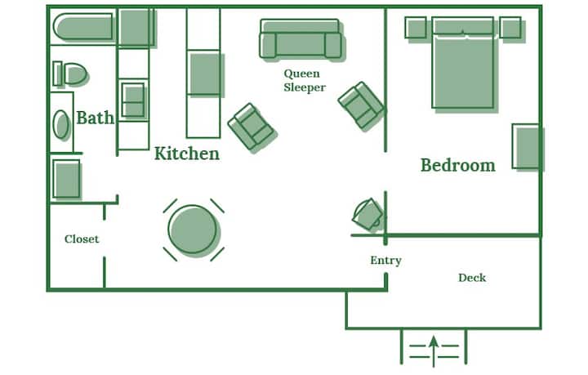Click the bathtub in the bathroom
(83, 27)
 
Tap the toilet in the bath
(70, 74)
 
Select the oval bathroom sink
(61, 124)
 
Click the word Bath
(95, 118)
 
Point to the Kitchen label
(187, 154)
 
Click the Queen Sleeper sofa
(301, 39)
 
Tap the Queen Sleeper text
(304, 80)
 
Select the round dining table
(193, 230)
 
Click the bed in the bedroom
(463, 63)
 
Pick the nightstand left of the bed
(416, 28)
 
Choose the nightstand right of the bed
(510, 28)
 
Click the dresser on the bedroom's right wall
(526, 146)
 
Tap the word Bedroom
(458, 165)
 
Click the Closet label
(82, 239)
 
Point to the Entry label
(385, 261)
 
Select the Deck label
(472, 278)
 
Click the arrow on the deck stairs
(434, 351)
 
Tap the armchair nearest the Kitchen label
(252, 127)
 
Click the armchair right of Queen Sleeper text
(361, 105)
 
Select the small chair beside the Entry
(367, 214)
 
